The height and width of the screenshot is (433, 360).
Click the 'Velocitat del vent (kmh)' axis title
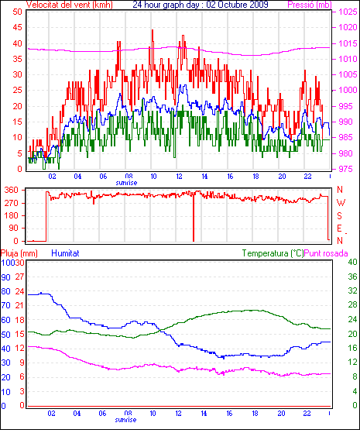pyautogui.click(x=70, y=5)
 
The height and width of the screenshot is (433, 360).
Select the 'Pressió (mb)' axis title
pyautogui.click(x=310, y=5)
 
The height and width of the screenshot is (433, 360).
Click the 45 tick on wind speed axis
pyautogui.click(x=17, y=27)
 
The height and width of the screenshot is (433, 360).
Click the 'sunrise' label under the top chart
pyautogui.click(x=126, y=183)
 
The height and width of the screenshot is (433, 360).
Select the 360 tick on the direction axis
pyautogui.click(x=12, y=190)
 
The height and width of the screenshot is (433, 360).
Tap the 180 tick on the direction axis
pyautogui.click(x=12, y=215)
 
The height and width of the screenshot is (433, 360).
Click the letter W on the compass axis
pyautogui.click(x=341, y=203)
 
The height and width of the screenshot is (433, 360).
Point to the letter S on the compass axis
pyautogui.click(x=340, y=215)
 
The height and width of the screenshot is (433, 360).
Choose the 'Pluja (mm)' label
pyautogui.click(x=19, y=253)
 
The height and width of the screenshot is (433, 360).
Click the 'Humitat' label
pyautogui.click(x=66, y=253)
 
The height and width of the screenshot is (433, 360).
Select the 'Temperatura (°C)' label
pyautogui.click(x=273, y=253)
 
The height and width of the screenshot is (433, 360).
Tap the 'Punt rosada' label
pyautogui.click(x=326, y=253)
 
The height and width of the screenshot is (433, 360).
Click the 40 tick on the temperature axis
pyautogui.click(x=352, y=262)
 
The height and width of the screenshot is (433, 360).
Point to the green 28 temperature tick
pyautogui.click(x=352, y=305)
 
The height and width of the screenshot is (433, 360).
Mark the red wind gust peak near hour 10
pyautogui.click(x=153, y=30)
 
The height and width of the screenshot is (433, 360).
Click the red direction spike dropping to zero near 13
pyautogui.click(x=194, y=217)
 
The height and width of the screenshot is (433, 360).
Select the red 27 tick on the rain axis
pyautogui.click(x=20, y=277)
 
